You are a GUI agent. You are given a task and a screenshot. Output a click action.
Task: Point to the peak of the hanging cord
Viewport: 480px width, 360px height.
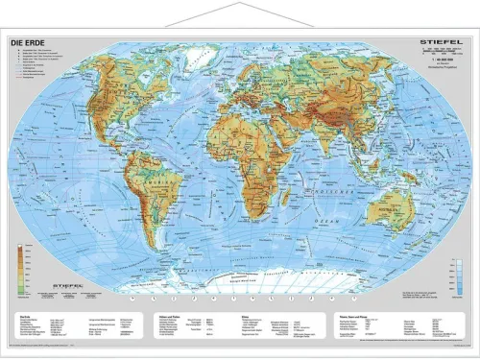point(240,5)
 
